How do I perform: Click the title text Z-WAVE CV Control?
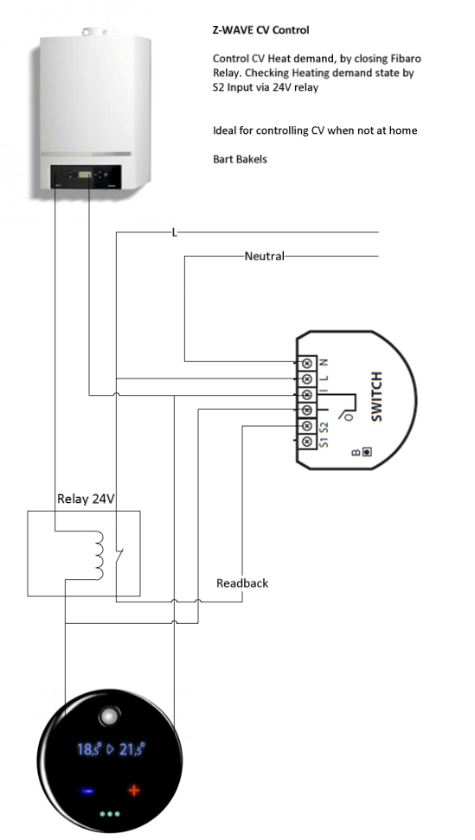point(260,30)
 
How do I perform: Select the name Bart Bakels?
point(240,159)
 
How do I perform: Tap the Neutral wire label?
point(264,256)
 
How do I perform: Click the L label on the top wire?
point(174,232)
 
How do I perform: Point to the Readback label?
point(242,582)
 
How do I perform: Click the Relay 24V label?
point(86,499)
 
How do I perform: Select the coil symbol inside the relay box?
point(99,556)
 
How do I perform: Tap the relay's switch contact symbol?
point(119,557)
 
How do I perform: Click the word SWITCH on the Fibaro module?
point(377,397)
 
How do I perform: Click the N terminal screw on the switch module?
point(307,363)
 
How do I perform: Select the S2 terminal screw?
point(307,426)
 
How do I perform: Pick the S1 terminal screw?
point(307,442)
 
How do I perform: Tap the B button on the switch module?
point(367,452)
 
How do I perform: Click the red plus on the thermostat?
point(133,790)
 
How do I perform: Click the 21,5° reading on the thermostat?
point(132,749)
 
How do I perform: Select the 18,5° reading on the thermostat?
point(89,749)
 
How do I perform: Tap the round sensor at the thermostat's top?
point(109,716)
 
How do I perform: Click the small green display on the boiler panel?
point(85,174)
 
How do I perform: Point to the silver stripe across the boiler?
point(87,155)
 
